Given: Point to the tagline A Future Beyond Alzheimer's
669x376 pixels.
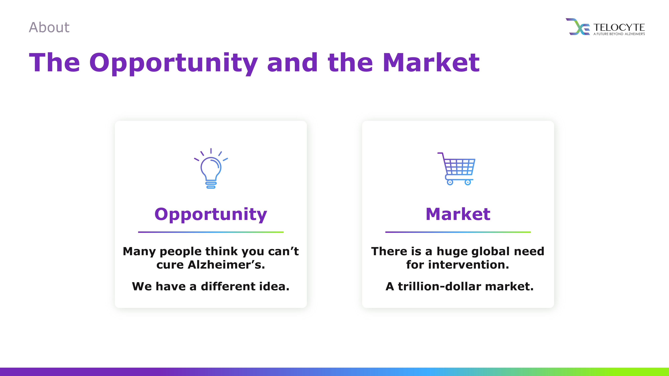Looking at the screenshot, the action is pyautogui.click(x=619, y=34).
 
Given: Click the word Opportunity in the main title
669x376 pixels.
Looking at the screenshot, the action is pyautogui.click(x=173, y=63).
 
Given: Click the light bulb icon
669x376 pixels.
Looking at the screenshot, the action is pyautogui.click(x=211, y=168).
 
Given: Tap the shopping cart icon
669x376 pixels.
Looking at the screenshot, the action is pyautogui.click(x=456, y=169).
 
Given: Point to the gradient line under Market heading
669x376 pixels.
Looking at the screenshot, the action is pyautogui.click(x=458, y=232).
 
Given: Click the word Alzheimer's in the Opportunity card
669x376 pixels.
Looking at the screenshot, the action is pyautogui.click(x=226, y=265).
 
